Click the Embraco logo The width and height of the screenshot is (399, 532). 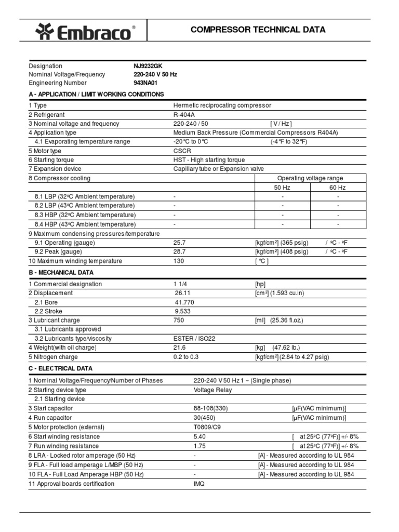point(86,33)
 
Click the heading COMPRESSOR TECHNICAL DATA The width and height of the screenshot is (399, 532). point(258,30)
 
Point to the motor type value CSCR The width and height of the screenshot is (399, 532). point(182,151)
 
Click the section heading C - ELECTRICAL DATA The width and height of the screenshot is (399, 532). point(61,368)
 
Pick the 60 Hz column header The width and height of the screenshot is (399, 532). point(337,188)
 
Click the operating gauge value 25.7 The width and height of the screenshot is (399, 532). point(179,243)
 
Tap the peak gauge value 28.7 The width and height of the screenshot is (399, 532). point(179,251)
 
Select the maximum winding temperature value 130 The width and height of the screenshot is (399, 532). point(179,261)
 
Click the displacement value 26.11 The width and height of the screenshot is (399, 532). point(184,293)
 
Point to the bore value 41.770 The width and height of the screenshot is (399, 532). point(185,302)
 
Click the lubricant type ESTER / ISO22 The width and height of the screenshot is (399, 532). point(194,339)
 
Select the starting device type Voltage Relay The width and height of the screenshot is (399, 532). point(212,390)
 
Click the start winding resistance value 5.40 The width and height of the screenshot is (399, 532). point(199,436)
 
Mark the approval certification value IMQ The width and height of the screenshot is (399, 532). point(199,483)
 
